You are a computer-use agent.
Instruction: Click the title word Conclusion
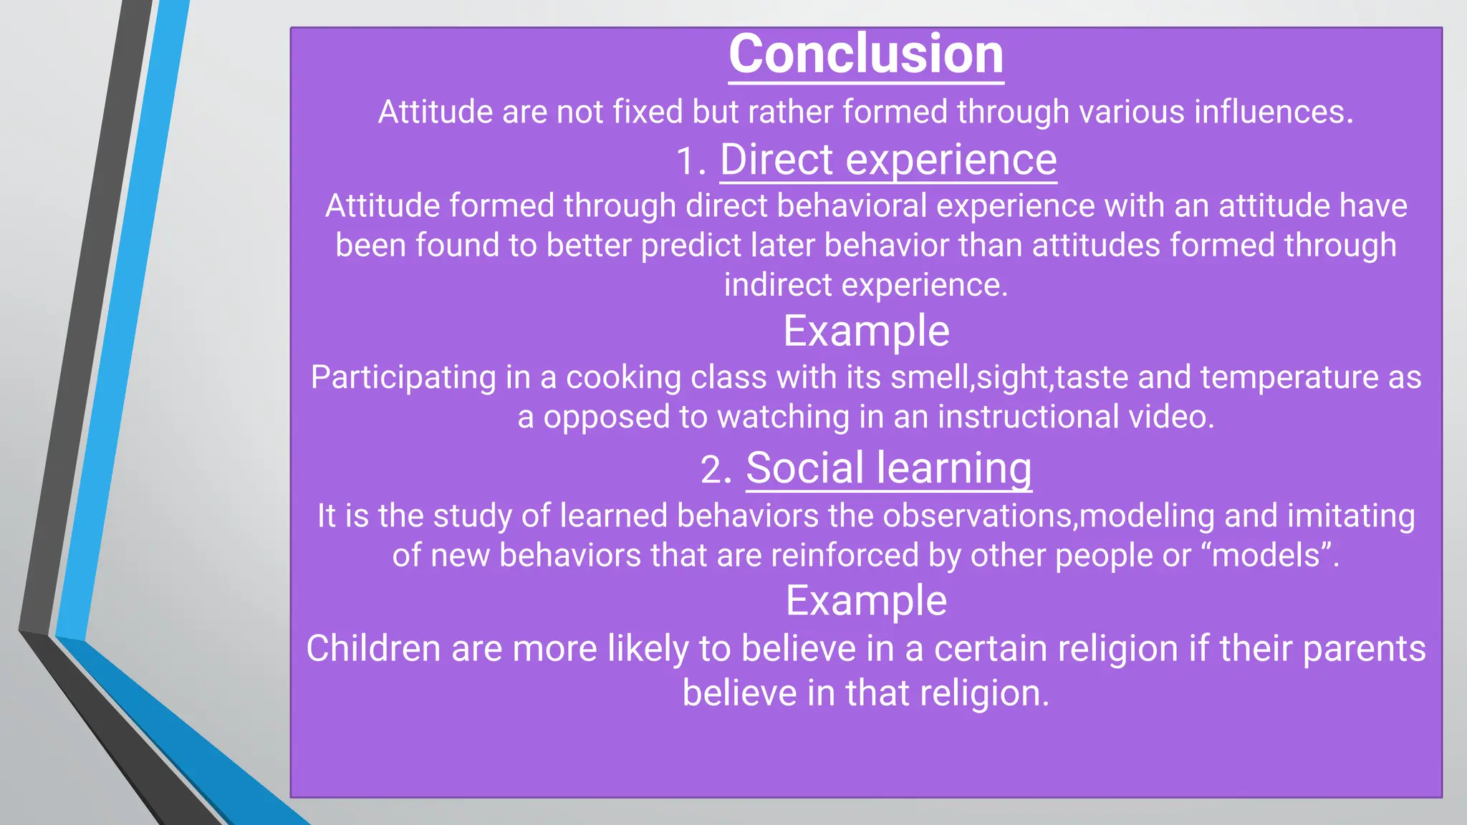pos(866,54)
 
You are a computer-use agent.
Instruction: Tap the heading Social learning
pos(889,468)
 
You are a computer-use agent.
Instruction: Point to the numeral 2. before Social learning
pos(716,471)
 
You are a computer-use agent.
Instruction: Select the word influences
pos(1274,112)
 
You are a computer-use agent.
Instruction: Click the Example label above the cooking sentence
pos(866,332)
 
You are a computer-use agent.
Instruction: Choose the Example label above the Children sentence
pos(866,601)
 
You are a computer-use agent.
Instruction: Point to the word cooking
pos(623,377)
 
